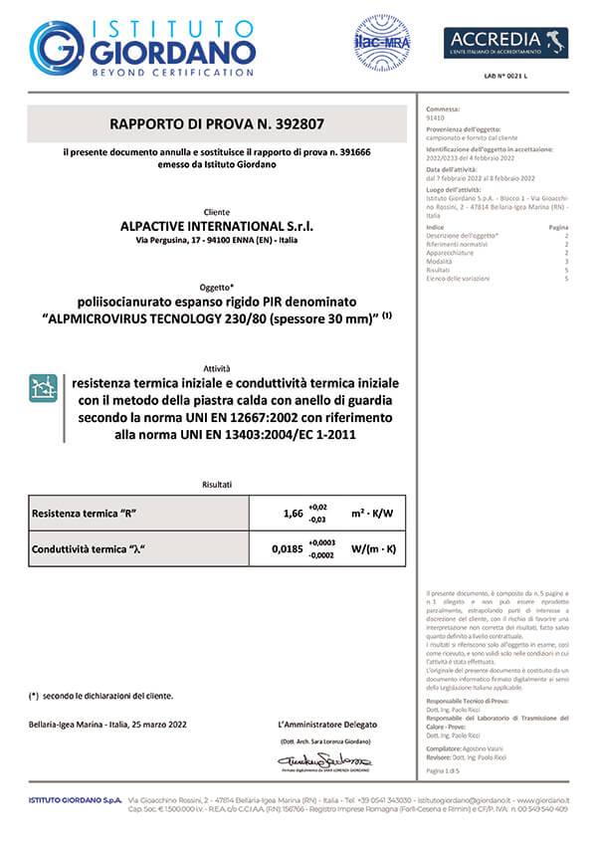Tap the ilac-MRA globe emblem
[382, 43]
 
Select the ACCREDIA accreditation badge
[505, 43]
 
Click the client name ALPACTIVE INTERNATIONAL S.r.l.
[216, 226]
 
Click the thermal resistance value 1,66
[293, 514]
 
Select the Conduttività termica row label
[97, 547]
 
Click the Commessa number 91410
[434, 116]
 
